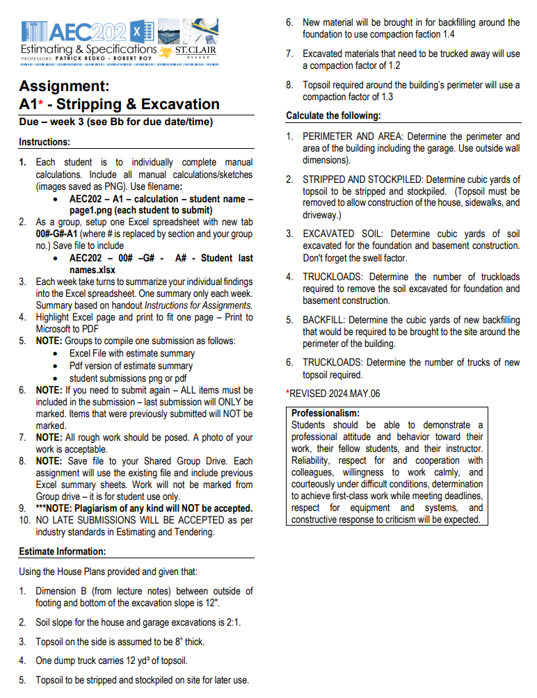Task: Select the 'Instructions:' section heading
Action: pos(45,142)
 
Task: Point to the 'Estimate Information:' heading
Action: pos(62,551)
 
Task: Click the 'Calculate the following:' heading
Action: pos(333,116)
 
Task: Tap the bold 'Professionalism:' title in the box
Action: pos(326,413)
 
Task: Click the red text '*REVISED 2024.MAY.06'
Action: pos(333,393)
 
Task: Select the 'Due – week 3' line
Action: pos(115,122)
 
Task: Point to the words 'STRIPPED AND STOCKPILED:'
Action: pos(360,179)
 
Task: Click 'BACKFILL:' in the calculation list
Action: pos(323,320)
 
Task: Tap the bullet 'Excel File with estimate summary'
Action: pos(132,353)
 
